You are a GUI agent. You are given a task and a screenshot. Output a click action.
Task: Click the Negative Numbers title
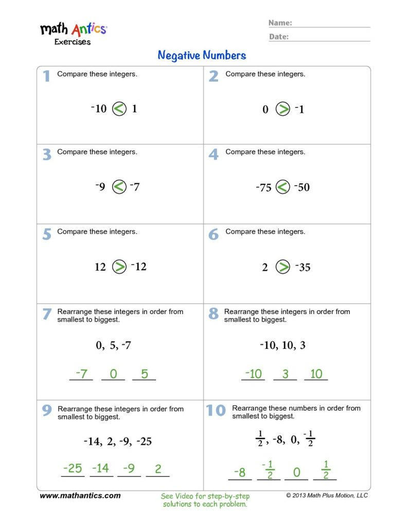tap(202, 55)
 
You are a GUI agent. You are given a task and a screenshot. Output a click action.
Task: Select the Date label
tap(278, 37)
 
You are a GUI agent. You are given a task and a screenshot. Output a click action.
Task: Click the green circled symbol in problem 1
tap(119, 109)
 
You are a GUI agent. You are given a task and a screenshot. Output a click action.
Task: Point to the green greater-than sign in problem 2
tap(282, 109)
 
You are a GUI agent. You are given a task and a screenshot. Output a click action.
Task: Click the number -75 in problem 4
tap(263, 187)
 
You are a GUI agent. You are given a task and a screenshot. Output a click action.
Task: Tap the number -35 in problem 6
tap(303, 267)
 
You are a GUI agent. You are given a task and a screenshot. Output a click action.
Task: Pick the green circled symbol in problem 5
tap(119, 267)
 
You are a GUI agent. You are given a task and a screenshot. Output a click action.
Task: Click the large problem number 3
tap(47, 154)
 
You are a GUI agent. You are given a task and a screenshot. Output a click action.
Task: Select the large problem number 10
tap(216, 410)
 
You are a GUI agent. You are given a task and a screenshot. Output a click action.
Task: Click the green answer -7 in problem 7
tap(81, 374)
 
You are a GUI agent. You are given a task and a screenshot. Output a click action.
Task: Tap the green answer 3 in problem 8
tap(285, 374)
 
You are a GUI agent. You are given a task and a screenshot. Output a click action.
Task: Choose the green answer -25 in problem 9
tap(73, 468)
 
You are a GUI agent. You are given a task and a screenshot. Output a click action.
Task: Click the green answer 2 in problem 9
tap(158, 468)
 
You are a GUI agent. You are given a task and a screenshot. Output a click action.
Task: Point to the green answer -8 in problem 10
tap(240, 472)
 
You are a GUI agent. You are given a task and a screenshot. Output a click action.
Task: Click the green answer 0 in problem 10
tap(296, 472)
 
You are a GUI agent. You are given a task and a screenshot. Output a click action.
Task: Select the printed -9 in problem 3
tap(100, 187)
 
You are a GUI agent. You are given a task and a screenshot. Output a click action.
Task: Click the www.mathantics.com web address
tap(80, 496)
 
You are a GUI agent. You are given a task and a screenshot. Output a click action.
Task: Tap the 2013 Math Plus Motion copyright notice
tap(327, 496)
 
